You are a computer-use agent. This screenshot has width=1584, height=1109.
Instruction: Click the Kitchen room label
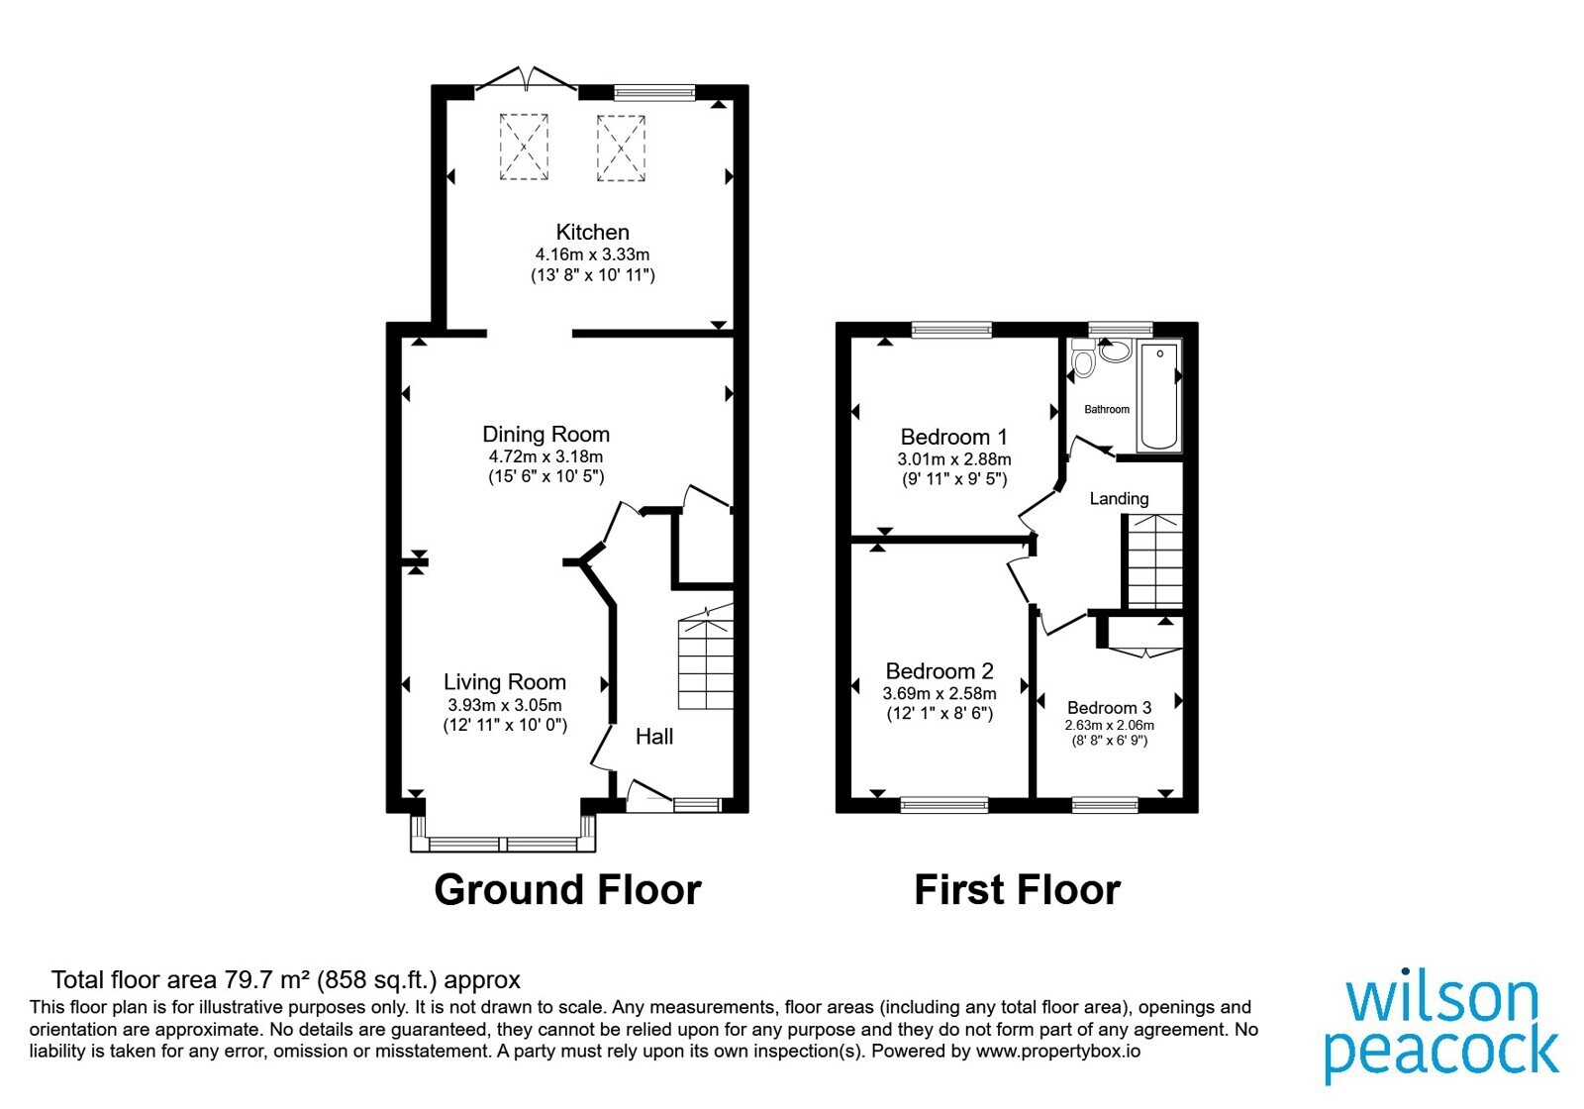pos(592,232)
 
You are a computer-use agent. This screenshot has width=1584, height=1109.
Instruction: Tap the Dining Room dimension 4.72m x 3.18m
pos(545,456)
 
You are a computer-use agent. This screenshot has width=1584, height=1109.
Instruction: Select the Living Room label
pos(505,682)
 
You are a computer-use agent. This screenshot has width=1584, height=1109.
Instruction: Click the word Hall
pos(654,737)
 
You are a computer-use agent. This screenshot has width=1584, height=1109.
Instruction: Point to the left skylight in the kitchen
pos(524,148)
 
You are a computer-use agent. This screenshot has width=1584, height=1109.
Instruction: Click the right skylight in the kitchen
pos(621,149)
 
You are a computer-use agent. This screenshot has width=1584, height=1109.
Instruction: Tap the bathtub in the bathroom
pos(1159,396)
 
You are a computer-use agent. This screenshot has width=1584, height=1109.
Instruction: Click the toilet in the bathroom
pos(1083,357)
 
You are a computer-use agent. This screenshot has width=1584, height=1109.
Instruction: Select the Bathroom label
pos(1107,410)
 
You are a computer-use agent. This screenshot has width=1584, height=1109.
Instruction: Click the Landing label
pos(1119,499)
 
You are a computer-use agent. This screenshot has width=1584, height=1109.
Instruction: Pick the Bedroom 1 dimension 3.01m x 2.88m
pos(954,459)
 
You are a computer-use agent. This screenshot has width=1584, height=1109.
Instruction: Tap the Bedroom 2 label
pos(940,670)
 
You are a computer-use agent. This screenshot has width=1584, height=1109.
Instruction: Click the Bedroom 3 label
pos(1109,707)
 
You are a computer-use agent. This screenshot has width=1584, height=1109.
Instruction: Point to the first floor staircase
pos(1154,560)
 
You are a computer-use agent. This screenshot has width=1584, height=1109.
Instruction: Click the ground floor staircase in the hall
pos(706,656)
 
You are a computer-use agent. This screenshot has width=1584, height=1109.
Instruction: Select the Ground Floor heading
pos(567,890)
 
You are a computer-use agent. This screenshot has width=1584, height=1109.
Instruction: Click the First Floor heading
pos(1017,890)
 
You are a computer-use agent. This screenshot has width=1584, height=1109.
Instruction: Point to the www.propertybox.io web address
pos(1058,1051)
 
